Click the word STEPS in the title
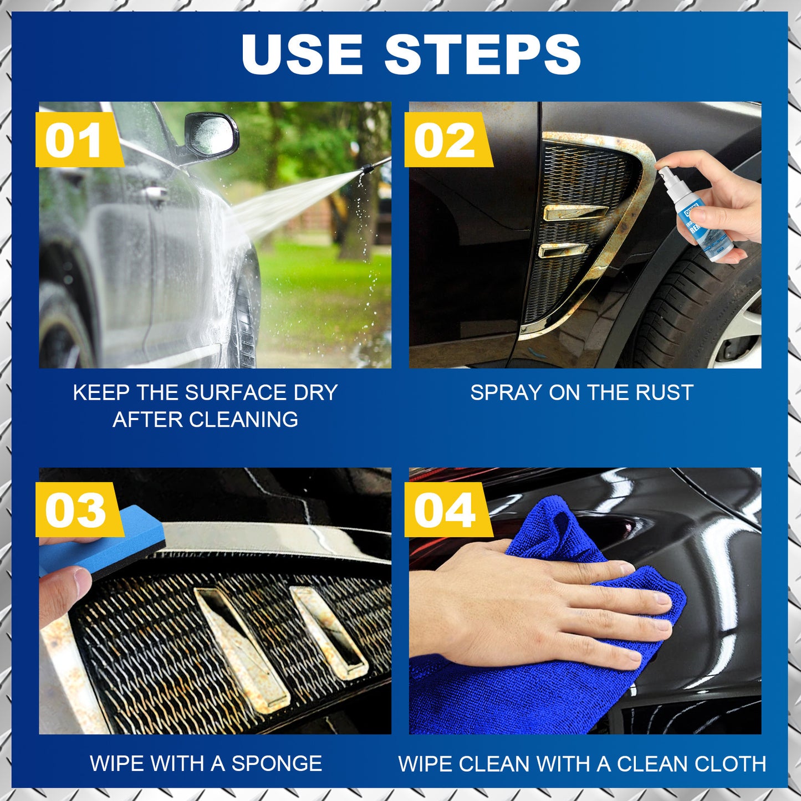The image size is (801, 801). coord(482,54)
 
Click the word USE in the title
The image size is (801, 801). coord(302,54)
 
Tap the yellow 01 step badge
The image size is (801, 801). coord(75,140)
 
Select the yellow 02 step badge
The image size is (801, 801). coord(445,140)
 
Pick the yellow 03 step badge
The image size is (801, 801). coord(75,510)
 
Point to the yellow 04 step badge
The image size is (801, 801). coord(445,510)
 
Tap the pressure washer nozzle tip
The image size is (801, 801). coord(366,169)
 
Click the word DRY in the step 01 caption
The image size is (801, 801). coord(315,392)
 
